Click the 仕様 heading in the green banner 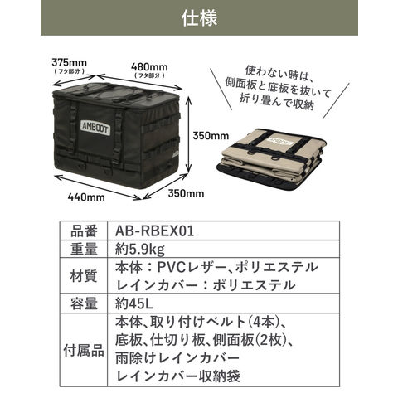tap(199, 18)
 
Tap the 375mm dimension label tap(69, 62)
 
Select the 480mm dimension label tap(149, 67)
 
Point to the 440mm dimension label tap(86, 197)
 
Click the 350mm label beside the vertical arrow tap(211, 136)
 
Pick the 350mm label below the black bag tap(186, 193)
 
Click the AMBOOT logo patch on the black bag tap(95, 129)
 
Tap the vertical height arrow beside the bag tap(188, 134)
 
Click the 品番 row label tap(84, 231)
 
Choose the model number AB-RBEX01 tap(154, 231)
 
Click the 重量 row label tap(84, 250)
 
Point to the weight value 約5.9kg tap(140, 250)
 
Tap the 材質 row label tap(84, 276)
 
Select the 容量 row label tap(84, 303)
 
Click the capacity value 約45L tap(134, 303)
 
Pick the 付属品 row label tap(84, 350)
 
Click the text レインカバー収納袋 tap(178, 376)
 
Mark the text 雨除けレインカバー tap(177, 358)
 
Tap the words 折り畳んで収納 tap(277, 101)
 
